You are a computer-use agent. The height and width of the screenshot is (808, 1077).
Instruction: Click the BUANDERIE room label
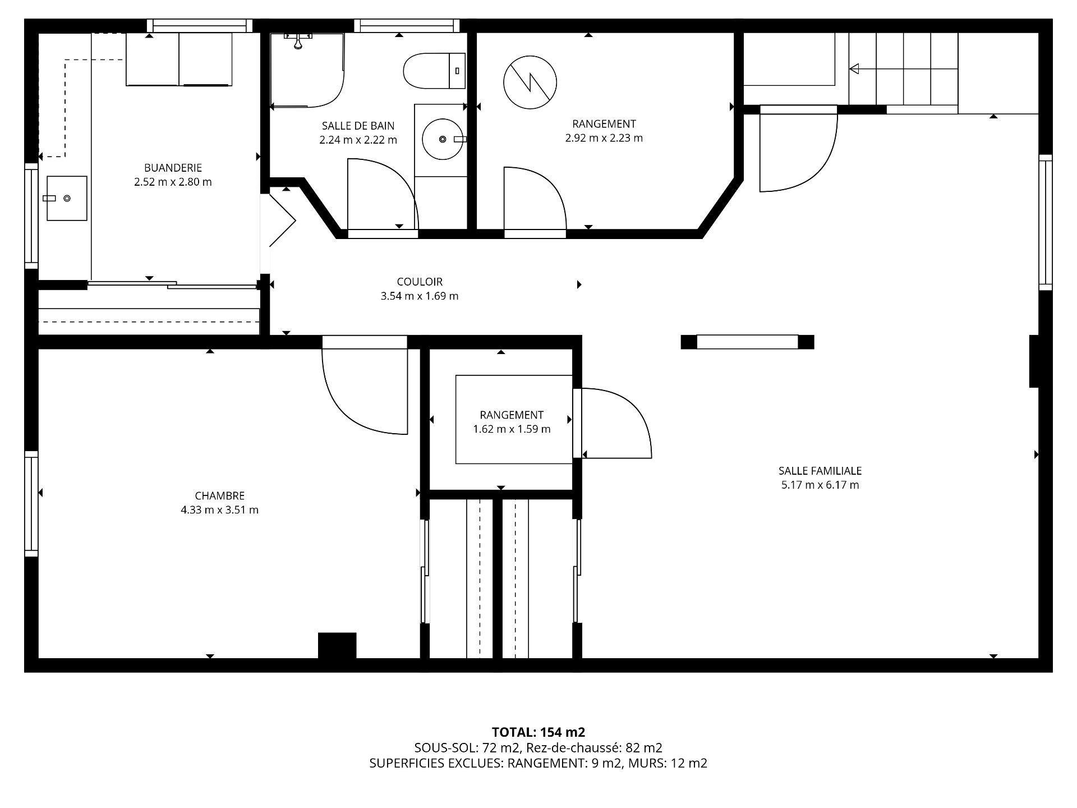173,168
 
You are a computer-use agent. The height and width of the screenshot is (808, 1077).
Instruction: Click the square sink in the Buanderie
67,198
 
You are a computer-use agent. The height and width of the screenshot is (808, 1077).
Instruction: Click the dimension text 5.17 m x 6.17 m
820,485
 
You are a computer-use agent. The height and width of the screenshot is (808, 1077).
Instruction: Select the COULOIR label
420,282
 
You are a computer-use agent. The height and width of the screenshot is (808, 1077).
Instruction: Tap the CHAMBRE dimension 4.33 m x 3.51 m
219,510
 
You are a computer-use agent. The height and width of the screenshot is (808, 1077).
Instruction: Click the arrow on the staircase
855,69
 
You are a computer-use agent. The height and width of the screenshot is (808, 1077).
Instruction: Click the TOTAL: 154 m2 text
538,732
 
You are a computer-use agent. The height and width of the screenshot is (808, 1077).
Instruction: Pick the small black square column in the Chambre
337,645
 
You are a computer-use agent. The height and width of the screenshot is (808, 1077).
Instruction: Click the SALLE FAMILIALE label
820,471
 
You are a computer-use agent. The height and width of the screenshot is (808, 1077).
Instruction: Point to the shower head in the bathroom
298,42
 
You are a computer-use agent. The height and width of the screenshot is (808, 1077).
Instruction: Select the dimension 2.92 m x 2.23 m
604,138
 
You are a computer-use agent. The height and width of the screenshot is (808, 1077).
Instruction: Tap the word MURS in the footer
646,763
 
